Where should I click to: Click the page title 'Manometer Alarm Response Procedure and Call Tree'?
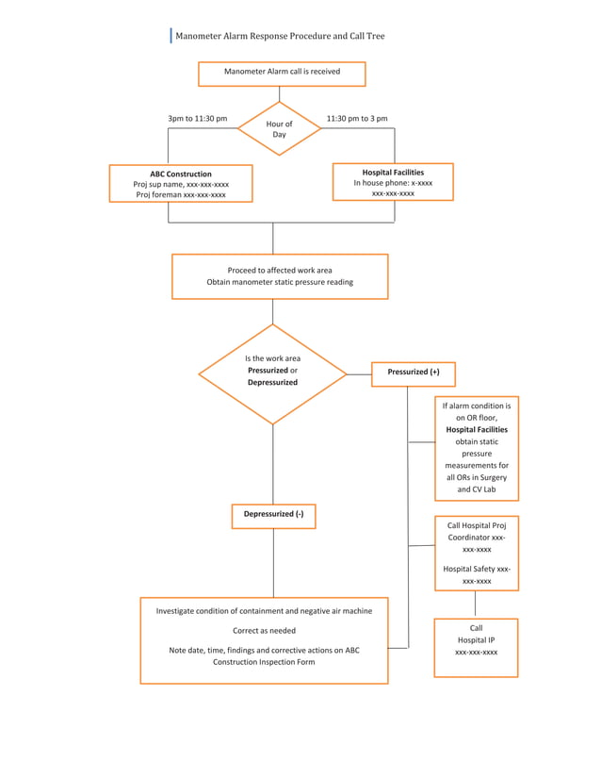[280, 36]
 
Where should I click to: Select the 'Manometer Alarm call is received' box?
[282, 72]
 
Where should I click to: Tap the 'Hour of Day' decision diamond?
[279, 129]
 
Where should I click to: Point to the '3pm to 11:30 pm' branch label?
[197, 119]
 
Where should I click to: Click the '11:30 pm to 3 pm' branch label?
[356, 119]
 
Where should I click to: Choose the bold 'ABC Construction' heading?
[181, 174]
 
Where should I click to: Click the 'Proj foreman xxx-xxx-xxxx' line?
[181, 194]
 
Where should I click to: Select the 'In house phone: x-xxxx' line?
[393, 183]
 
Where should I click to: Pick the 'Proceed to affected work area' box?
[280, 276]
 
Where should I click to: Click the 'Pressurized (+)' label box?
[414, 372]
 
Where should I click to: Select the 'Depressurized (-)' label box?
[273, 514]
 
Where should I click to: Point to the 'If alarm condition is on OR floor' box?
[476, 448]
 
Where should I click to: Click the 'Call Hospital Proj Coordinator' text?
[476, 537]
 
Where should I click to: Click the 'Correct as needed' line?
[264, 630]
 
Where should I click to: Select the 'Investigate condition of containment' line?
[264, 610]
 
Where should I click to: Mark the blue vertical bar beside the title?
[171, 36]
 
